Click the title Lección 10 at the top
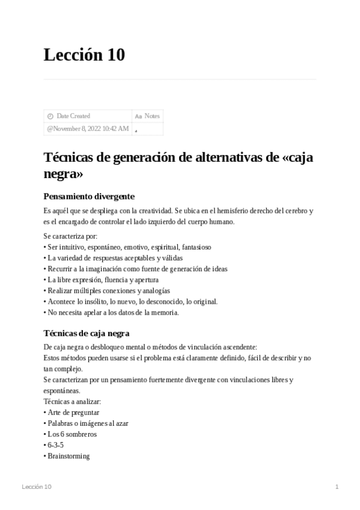tap(84, 55)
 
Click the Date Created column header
tap(73, 116)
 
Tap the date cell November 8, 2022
tap(87, 129)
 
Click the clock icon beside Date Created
tap(50, 116)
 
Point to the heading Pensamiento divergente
tap(89, 196)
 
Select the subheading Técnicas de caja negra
tap(87, 333)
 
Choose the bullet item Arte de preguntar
tap(73, 413)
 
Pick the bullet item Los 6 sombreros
tap(72, 434)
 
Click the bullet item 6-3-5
tap(55, 445)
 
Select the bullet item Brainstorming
tap(69, 456)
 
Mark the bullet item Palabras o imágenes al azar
tap(88, 423)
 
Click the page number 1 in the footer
tap(337, 487)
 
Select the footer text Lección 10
tap(36, 487)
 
